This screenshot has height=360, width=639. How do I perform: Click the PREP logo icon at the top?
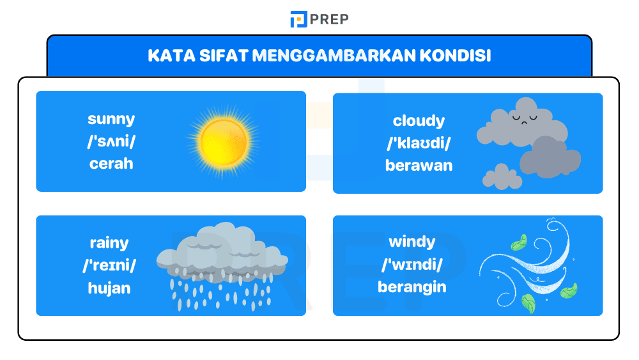tap(298, 19)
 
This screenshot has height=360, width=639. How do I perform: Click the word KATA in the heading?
tap(167, 56)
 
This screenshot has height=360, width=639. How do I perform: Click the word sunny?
tap(111, 119)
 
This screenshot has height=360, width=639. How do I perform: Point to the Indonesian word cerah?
tap(111, 163)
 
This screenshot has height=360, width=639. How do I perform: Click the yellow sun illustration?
tap(223, 141)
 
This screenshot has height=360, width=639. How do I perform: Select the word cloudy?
tap(419, 121)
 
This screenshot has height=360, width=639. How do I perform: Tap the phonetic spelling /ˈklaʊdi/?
tap(419, 143)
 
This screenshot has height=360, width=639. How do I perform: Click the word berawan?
tap(419, 166)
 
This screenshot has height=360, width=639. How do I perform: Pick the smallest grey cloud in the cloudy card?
tap(501, 176)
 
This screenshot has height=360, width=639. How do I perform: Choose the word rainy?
tap(109, 243)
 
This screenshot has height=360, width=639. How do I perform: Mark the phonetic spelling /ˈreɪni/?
tap(109, 265)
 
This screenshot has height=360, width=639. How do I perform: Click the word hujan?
tap(109, 288)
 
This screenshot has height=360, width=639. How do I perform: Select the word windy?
tap(412, 242)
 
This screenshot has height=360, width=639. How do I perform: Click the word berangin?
tap(412, 287)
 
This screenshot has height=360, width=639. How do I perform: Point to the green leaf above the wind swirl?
tap(519, 242)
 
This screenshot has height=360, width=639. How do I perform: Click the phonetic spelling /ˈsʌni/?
tap(111, 141)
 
